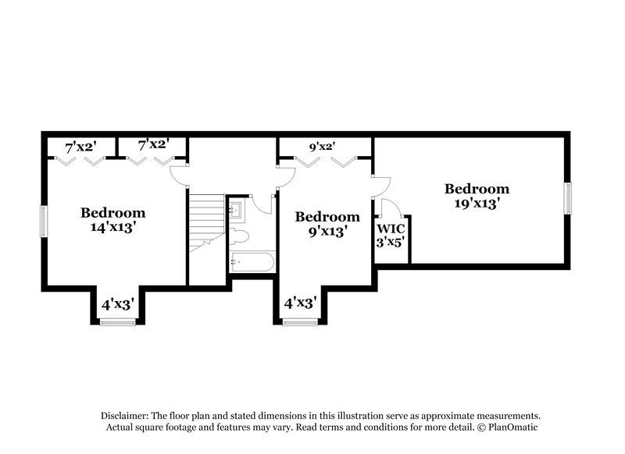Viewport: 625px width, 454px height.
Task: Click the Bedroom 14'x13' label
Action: coord(113,219)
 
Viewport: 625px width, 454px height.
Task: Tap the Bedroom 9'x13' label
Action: coord(327,224)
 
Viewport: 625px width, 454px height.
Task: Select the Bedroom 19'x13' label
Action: coord(477,195)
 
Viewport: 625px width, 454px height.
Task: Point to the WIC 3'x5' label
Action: coord(391,236)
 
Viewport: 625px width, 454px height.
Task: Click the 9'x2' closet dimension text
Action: coord(322,146)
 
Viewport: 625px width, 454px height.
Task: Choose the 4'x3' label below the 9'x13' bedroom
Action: coord(299,302)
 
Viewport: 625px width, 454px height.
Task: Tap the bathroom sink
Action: coord(235,209)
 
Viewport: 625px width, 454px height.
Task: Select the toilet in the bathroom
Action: coord(238,236)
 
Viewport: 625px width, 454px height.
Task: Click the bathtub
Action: coord(252,261)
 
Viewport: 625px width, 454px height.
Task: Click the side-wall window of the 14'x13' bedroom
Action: coord(44,222)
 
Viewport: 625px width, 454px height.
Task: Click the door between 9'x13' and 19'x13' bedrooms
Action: coord(381,185)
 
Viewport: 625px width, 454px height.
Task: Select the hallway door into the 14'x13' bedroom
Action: coord(180,176)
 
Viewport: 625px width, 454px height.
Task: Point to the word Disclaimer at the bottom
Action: coord(124,416)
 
